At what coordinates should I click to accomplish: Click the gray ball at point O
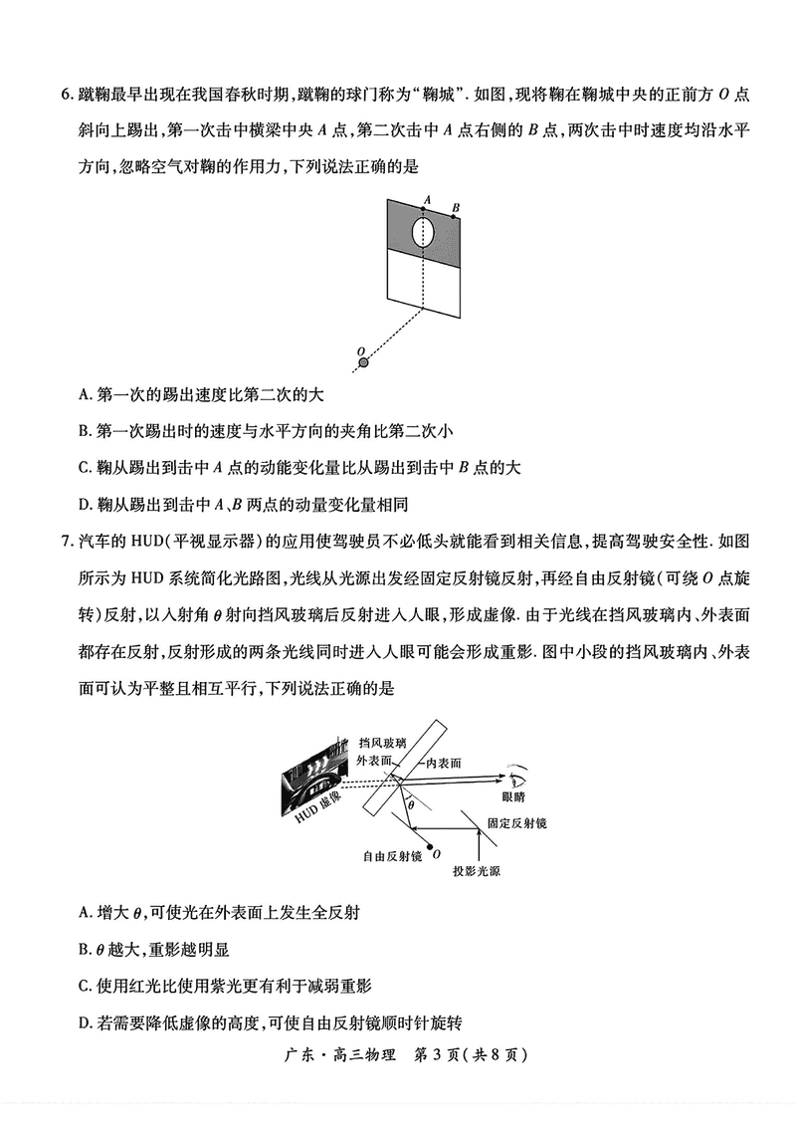362,362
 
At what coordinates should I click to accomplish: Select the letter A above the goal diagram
426,200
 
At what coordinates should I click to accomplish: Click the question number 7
66,542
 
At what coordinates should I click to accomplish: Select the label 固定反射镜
516,823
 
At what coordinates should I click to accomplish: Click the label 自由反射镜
392,855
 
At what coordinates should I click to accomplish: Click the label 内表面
443,762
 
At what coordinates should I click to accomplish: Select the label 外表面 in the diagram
374,761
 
